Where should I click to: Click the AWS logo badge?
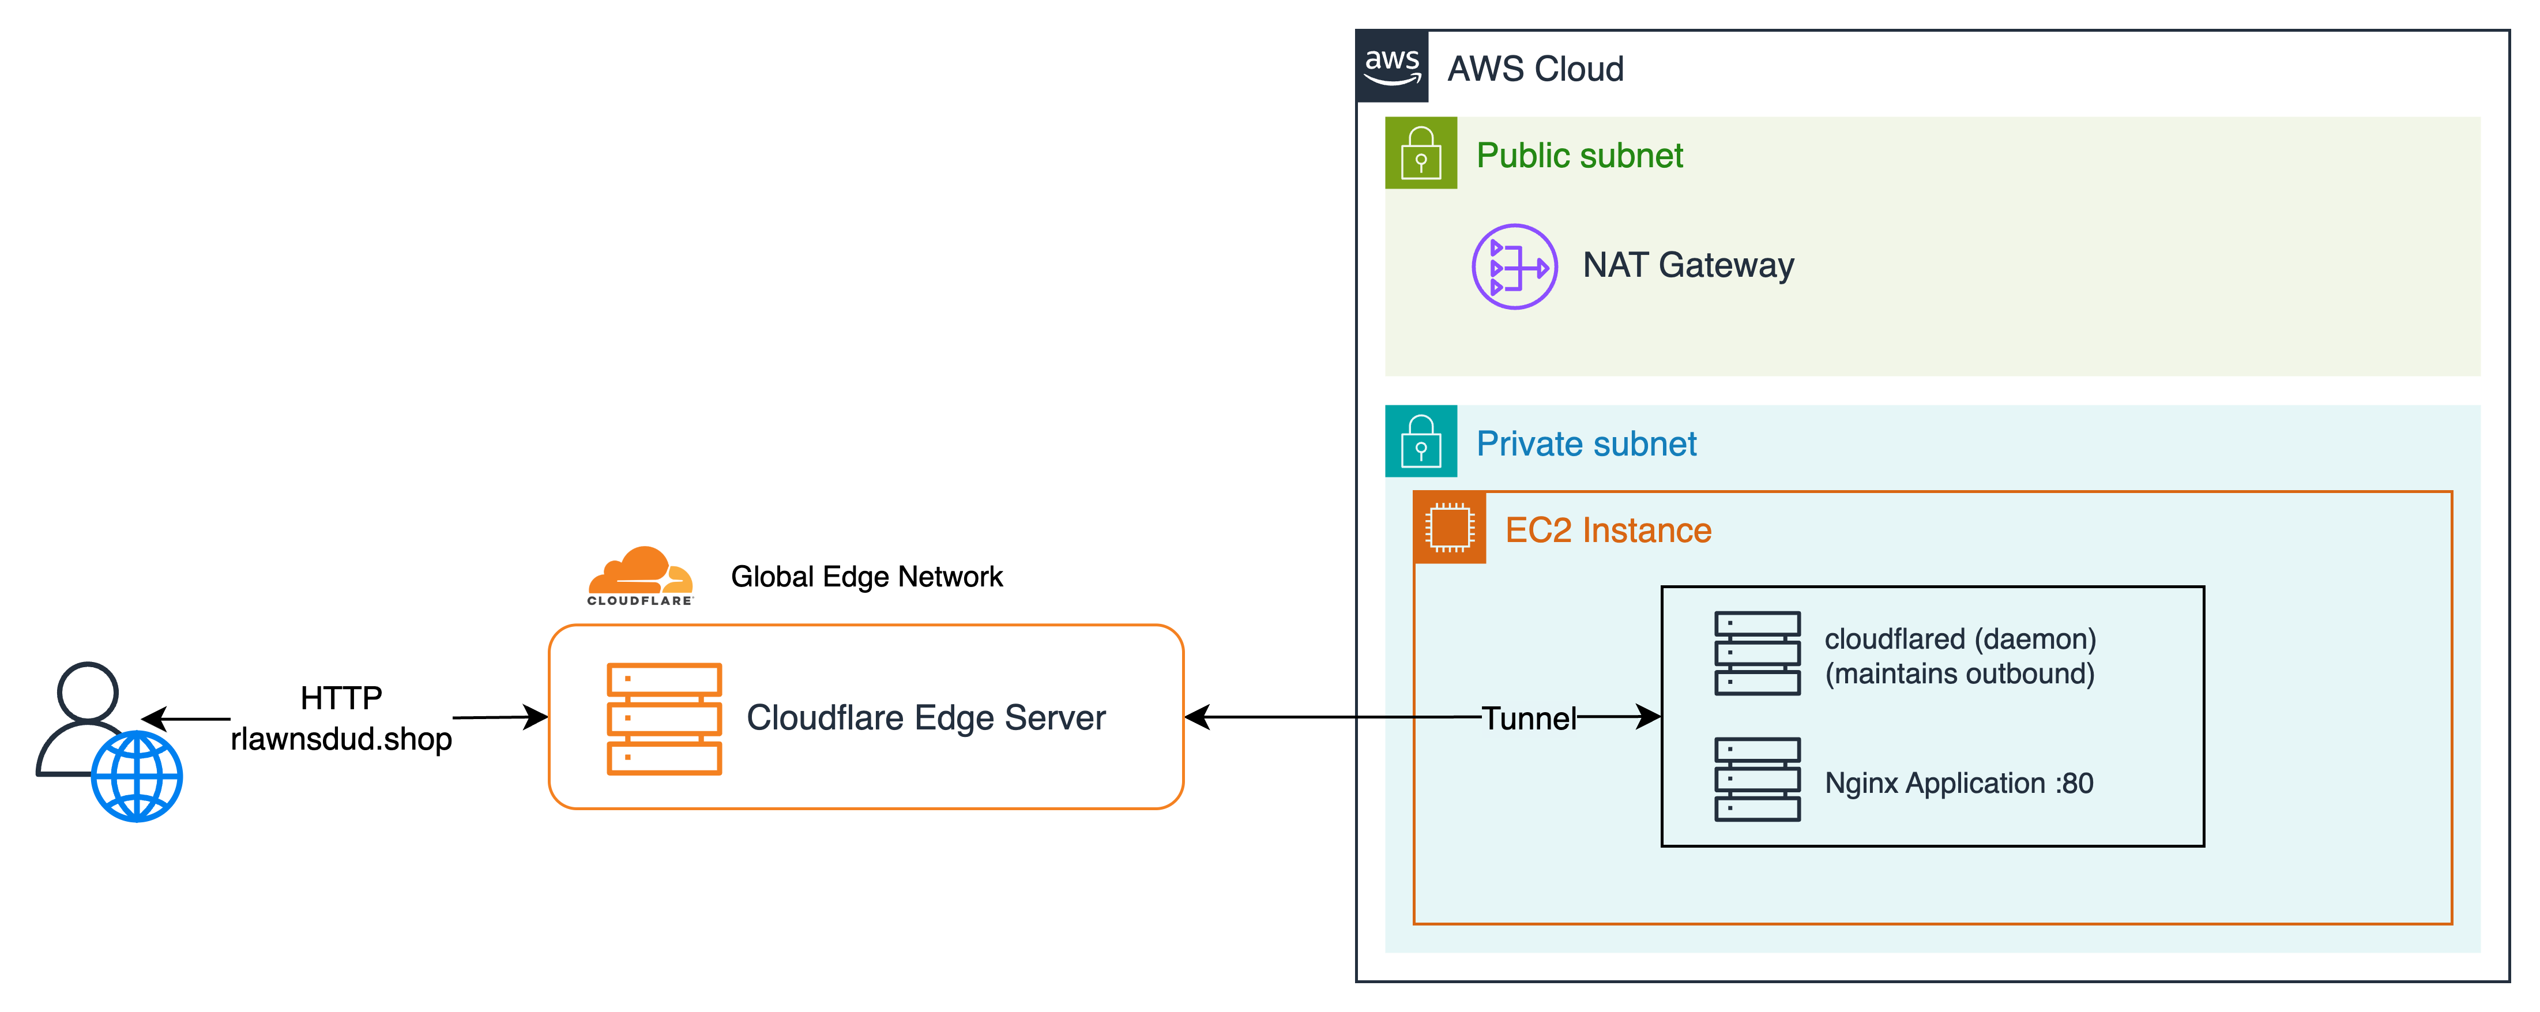coord(1391,66)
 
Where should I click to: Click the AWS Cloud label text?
coord(1534,69)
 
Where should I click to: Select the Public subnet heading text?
coord(1579,156)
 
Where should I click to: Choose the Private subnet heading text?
coord(1586,444)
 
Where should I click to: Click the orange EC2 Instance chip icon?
coord(1448,528)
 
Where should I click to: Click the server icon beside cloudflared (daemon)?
coord(1756,653)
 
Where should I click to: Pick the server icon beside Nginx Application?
coord(1756,779)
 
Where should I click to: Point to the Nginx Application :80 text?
coord(1958,783)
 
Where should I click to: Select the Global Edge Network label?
coord(866,577)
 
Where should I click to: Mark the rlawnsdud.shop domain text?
coord(341,739)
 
